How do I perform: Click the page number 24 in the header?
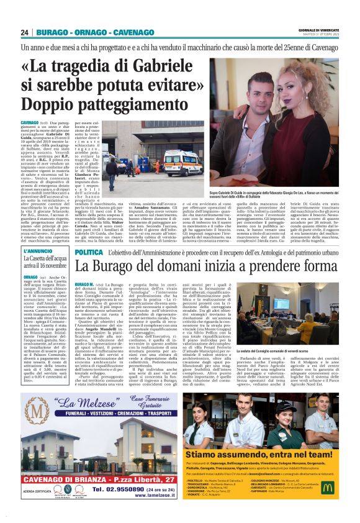click(x=25, y=32)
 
